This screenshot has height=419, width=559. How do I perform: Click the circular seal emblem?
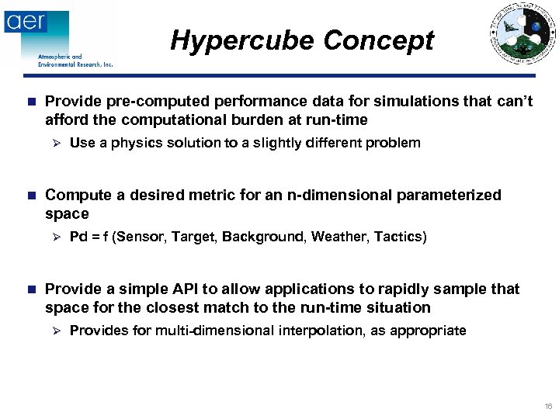522,33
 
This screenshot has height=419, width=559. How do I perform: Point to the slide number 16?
548,407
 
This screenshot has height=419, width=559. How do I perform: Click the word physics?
133,143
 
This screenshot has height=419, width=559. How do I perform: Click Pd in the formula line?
78,237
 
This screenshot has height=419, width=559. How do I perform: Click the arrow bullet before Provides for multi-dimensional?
54,331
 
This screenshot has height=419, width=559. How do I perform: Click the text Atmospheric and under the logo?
60,57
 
